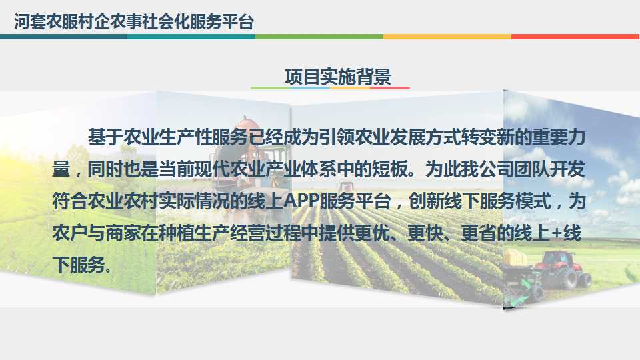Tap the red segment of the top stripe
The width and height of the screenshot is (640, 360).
coord(575,36)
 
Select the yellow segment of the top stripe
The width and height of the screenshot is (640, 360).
coord(447,36)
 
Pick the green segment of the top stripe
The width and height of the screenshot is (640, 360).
coord(319,36)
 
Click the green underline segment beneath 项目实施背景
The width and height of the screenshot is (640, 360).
coord(270,87)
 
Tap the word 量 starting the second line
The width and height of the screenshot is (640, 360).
coord(61,169)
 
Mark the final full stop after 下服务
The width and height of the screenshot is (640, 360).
coord(108,269)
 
